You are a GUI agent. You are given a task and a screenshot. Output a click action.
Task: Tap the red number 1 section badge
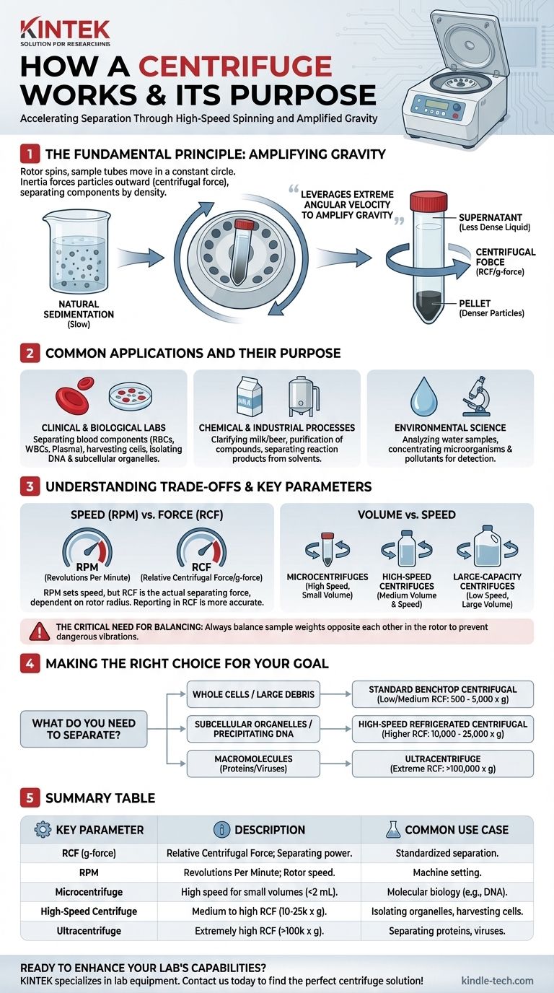tap(29, 153)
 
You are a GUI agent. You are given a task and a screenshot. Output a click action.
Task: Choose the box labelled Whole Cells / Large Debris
tap(252, 694)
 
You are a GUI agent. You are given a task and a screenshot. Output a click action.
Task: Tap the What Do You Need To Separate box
tap(83, 728)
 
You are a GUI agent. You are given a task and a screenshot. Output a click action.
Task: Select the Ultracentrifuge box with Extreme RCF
tap(443, 764)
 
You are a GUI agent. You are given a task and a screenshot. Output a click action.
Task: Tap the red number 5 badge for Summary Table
tap(29, 798)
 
